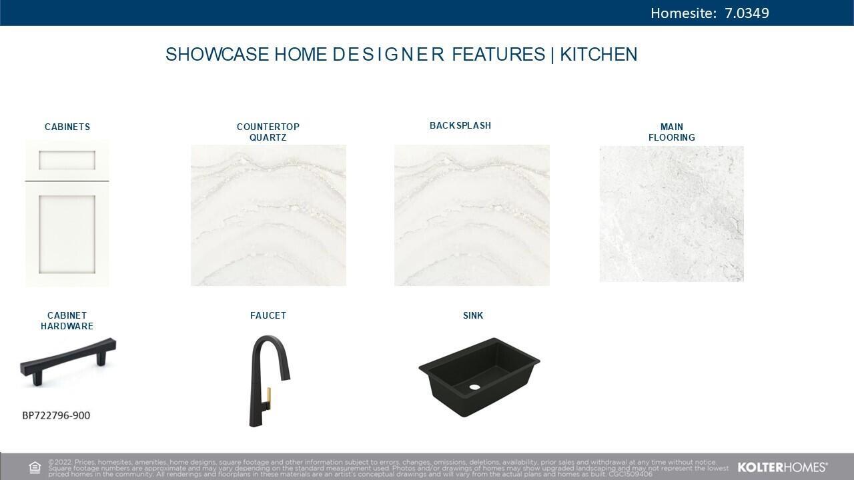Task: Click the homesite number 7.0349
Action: pos(747,13)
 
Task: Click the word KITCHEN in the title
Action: pos(598,54)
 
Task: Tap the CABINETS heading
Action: pos(67,127)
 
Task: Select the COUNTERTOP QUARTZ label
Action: pos(268,132)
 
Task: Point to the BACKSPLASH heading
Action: pos(460,125)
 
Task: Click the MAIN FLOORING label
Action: pos(672,132)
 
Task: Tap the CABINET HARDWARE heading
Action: pos(67,321)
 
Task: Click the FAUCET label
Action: pos(268,315)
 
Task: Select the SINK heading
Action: pos(473,315)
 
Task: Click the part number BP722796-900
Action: pos(57,415)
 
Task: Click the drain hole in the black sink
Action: pos(474,387)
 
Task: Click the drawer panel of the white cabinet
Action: pos(67,160)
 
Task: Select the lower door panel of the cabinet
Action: pos(67,235)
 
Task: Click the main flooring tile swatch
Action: pos(672,214)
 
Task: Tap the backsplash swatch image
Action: pos(472,215)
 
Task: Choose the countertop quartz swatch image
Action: pos(268,215)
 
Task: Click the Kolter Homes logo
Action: pos(783,467)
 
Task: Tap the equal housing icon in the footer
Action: pos(35,467)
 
